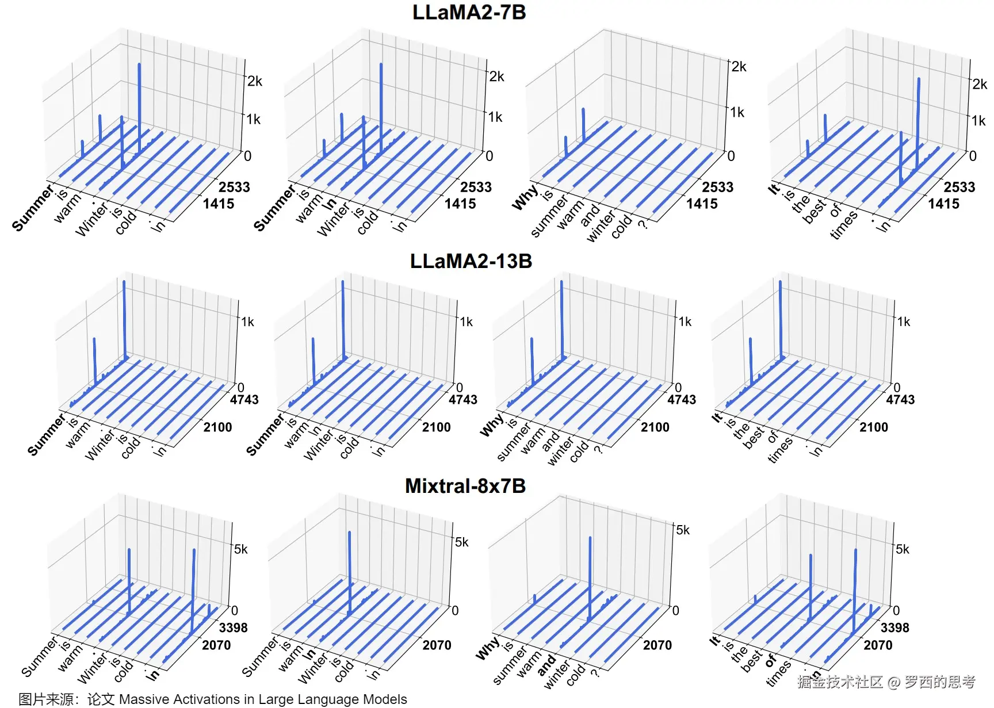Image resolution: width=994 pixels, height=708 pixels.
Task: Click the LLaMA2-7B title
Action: [469, 13]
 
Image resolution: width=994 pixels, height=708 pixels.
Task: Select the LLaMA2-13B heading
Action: [471, 261]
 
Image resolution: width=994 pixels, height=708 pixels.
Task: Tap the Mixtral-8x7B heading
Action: [465, 486]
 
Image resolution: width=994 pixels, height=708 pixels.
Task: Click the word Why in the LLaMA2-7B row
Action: [525, 197]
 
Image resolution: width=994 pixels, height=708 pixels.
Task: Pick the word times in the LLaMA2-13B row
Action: [780, 449]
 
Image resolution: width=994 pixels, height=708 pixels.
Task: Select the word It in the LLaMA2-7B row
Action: [774, 189]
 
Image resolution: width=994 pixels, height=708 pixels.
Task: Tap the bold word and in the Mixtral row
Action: [546, 665]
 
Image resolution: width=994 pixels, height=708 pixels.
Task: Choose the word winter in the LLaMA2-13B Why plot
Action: [560, 451]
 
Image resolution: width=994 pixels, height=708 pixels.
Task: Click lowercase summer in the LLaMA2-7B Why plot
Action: [549, 216]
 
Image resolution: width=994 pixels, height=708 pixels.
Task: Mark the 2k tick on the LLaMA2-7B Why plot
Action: [739, 67]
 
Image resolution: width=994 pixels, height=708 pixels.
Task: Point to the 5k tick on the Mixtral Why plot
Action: [683, 530]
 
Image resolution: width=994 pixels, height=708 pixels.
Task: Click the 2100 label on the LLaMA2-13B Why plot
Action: [655, 427]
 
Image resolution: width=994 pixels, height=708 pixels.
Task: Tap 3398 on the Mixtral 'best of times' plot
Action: [894, 627]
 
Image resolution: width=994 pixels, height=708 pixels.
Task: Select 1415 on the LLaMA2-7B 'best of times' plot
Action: [943, 204]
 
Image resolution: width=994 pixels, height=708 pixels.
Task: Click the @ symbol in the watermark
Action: [893, 683]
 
